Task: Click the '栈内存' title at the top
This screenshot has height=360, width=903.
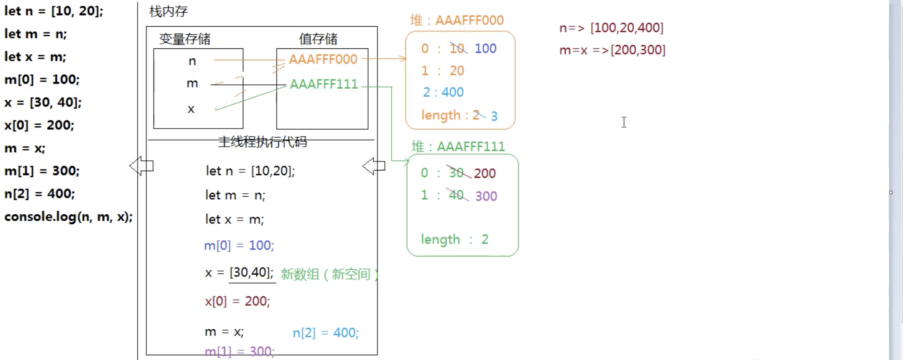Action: coord(168,11)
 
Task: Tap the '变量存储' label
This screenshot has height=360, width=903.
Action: coord(185,39)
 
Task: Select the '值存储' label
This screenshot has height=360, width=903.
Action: coord(318,39)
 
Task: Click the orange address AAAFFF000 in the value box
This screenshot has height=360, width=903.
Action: coord(323,59)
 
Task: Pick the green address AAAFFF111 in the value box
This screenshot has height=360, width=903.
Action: coord(324,84)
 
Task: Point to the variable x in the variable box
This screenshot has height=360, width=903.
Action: coord(191,109)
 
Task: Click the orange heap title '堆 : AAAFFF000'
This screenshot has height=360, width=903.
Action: coord(457,20)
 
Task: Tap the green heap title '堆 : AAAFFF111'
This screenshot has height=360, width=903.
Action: coord(458,147)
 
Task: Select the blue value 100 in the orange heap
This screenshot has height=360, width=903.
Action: coord(485,48)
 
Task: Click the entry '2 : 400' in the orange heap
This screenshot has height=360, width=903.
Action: coord(443,92)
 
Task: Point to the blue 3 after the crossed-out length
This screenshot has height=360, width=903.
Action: coord(494,116)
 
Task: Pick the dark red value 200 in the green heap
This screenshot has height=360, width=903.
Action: coord(484,173)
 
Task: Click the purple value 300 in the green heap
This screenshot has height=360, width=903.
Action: coord(486,196)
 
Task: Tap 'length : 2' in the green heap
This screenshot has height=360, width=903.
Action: coord(454,240)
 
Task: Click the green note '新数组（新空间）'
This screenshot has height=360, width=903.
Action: coord(329,274)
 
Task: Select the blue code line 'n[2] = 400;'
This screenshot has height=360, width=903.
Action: coord(325,333)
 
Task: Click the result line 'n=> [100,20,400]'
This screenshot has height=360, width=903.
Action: coord(611,28)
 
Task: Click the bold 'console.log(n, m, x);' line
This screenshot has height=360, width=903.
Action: coord(68,217)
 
